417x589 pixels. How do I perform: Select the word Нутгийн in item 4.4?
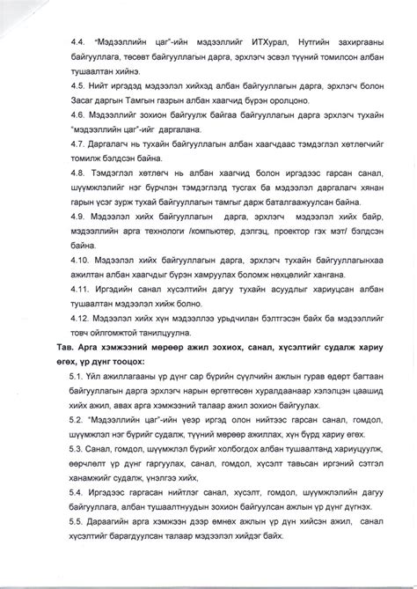tap(296, 41)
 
